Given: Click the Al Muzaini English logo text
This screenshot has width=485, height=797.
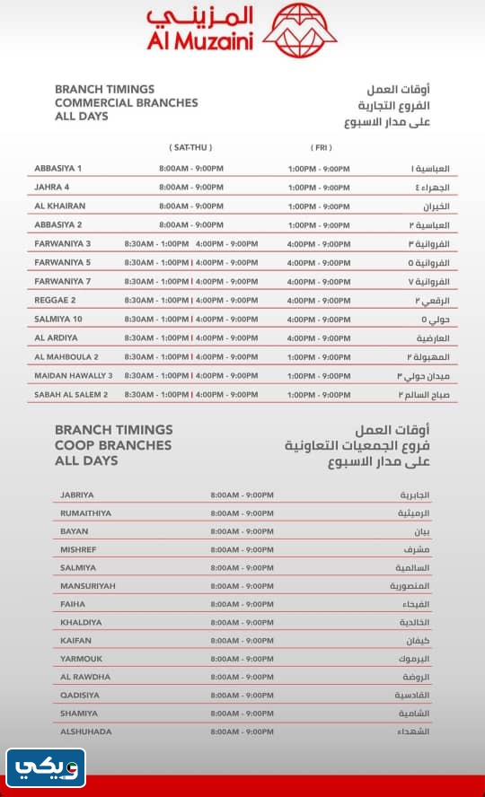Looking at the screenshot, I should (x=199, y=39).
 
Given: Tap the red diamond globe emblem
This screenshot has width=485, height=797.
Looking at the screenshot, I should (x=305, y=30).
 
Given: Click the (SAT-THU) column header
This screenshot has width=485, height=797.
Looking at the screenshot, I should (x=190, y=147).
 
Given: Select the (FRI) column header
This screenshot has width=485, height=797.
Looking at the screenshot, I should (x=321, y=147).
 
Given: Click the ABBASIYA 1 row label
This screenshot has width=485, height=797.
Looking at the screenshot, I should (x=57, y=169).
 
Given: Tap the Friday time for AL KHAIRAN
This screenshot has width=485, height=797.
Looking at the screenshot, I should (x=319, y=206).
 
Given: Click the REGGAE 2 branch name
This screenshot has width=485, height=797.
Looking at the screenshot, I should (x=55, y=300).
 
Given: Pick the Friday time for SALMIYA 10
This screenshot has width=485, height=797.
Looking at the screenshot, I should (x=319, y=319).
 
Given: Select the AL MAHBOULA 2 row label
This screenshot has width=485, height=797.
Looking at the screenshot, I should (x=66, y=356).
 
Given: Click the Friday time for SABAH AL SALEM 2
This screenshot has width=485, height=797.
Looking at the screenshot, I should (x=319, y=394).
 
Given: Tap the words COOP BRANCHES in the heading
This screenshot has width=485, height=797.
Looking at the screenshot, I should (x=113, y=445).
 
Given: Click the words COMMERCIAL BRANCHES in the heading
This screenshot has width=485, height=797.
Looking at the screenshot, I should (x=126, y=103).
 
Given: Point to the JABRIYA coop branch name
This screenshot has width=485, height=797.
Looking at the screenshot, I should (x=76, y=495).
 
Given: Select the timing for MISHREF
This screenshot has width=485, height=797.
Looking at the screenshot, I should (x=242, y=549).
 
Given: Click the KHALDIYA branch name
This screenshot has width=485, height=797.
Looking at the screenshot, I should (x=81, y=622).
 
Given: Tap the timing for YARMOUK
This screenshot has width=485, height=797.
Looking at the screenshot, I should (x=242, y=659).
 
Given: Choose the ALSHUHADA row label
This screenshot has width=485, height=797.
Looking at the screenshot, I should (x=86, y=731).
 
